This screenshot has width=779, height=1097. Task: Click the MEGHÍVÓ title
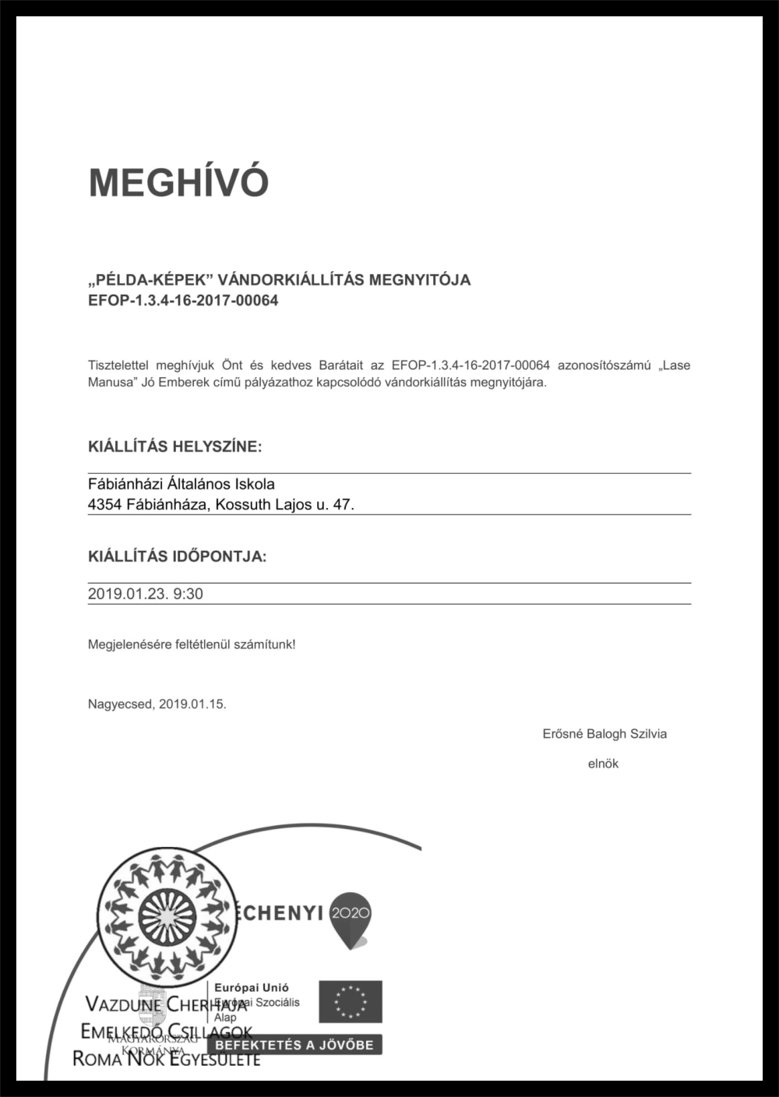tap(178, 182)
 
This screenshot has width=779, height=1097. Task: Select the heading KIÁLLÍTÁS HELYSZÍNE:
tap(175, 447)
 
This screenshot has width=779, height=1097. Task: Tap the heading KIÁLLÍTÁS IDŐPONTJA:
tap(177, 556)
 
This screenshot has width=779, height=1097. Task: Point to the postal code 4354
tap(104, 505)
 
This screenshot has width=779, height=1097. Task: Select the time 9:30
tap(188, 594)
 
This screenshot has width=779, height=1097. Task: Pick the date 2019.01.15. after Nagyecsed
tap(192, 704)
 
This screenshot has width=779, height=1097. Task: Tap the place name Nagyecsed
tap(120, 704)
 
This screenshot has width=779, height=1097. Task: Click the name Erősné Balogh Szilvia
tap(605, 734)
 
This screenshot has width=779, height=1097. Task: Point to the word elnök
tap(603, 764)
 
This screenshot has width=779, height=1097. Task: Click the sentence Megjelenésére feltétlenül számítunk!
tap(192, 645)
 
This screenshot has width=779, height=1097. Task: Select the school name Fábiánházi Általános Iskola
tap(182, 485)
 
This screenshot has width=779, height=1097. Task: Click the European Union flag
tap(351, 1001)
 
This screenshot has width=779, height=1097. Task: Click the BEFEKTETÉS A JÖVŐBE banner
tap(294, 1045)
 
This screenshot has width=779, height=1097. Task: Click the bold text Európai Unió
tap(252, 988)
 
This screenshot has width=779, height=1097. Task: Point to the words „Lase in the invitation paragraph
tap(674, 365)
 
